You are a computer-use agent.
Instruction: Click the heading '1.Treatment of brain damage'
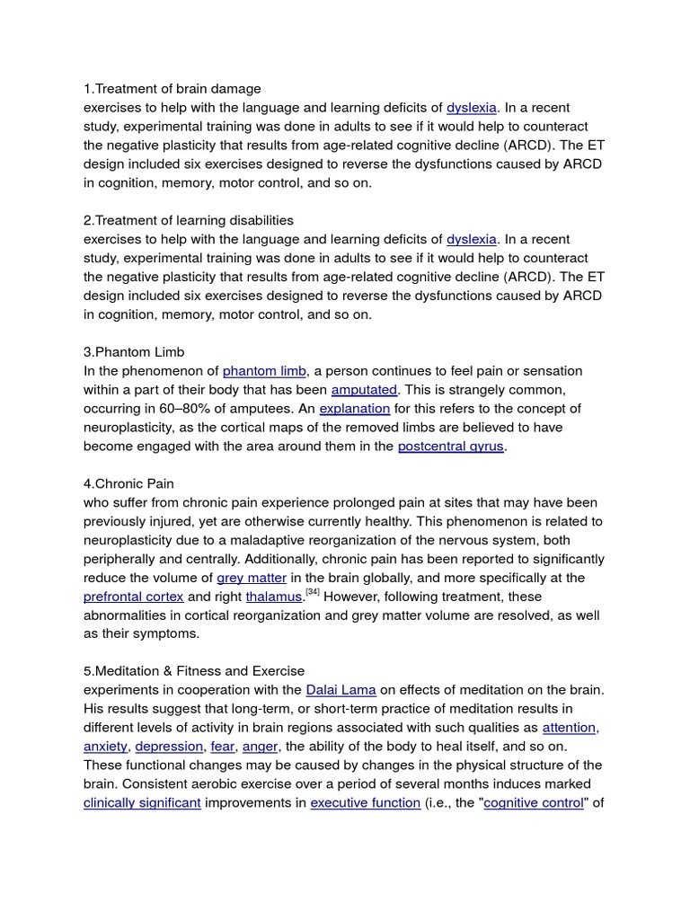point(172,89)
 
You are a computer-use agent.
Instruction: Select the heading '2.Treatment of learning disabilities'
point(189,220)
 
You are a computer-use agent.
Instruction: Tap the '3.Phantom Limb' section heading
point(134,351)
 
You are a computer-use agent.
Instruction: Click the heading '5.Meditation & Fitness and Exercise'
point(194,671)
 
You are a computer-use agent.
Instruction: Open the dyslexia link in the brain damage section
point(472,108)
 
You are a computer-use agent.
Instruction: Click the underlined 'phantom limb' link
point(264,371)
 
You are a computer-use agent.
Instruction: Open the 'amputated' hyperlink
point(364,390)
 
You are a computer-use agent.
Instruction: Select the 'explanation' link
point(355,409)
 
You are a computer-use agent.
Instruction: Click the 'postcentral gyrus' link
point(451,447)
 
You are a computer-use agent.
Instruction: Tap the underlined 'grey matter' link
point(252,578)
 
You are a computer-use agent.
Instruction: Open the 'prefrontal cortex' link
point(133,597)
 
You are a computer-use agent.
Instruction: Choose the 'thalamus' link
point(274,597)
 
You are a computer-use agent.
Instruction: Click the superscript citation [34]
point(313,592)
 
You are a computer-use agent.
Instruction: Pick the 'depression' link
point(170,747)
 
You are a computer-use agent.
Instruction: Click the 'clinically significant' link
point(142,803)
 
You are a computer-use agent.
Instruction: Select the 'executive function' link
point(366,803)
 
